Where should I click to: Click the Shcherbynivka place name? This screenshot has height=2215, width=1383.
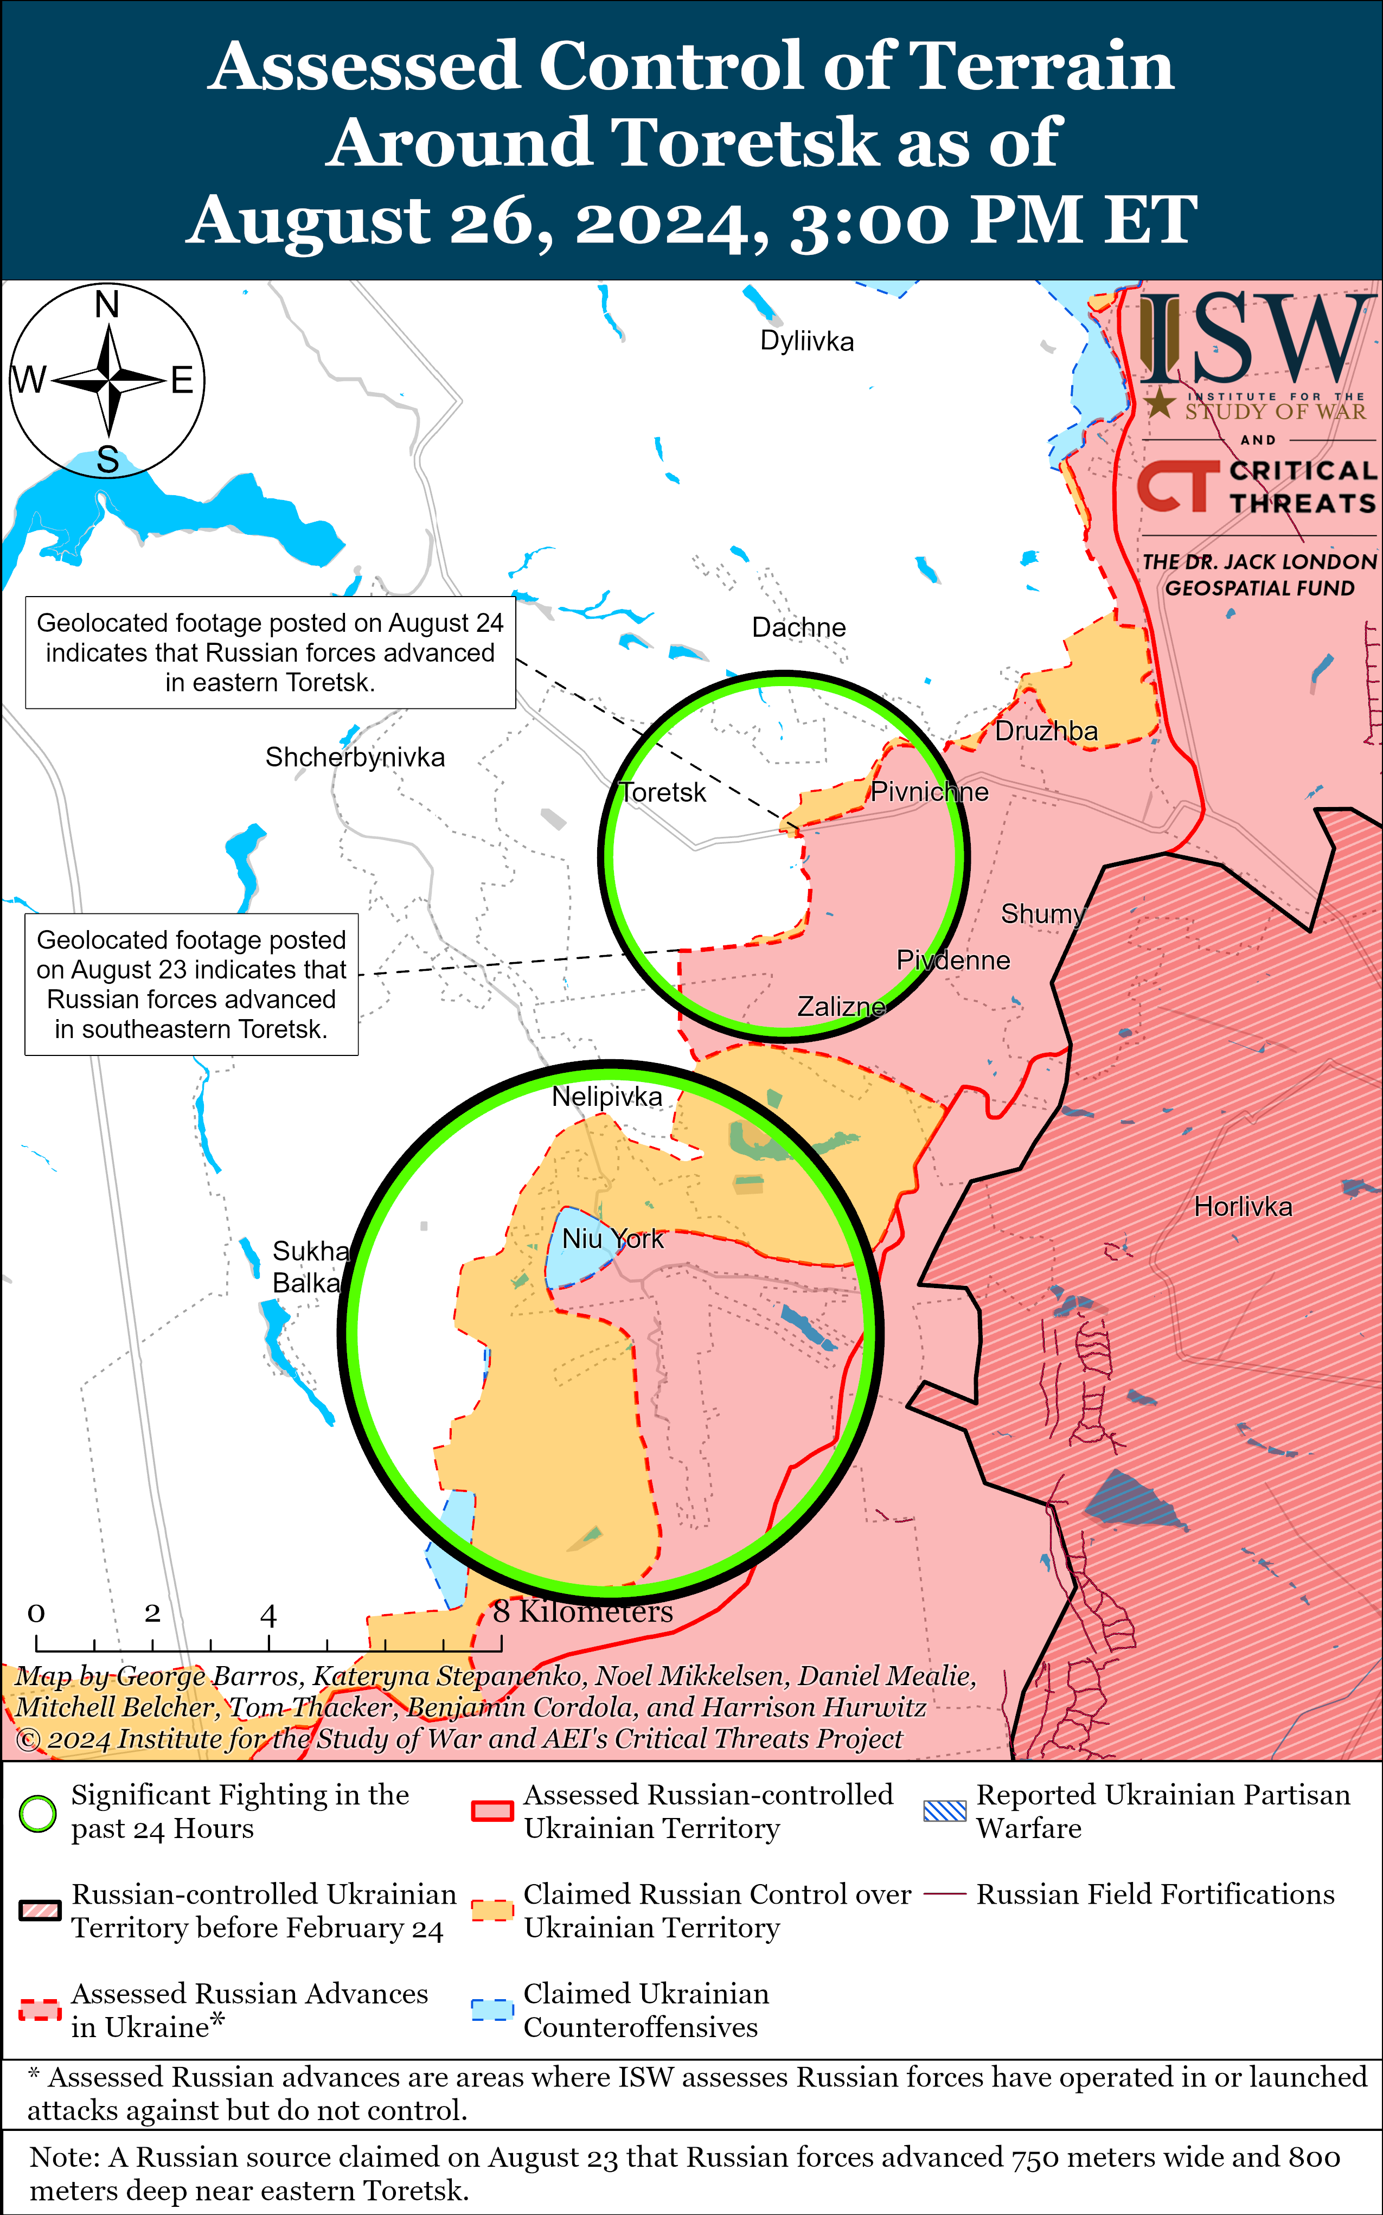tap(355, 757)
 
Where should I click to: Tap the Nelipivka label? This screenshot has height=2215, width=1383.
tap(606, 1097)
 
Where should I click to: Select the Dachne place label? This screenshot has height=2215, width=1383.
tap(798, 628)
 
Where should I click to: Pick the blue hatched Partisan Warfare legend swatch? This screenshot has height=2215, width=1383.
tap(945, 1811)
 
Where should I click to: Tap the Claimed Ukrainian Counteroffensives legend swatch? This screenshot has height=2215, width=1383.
tap(492, 2010)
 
